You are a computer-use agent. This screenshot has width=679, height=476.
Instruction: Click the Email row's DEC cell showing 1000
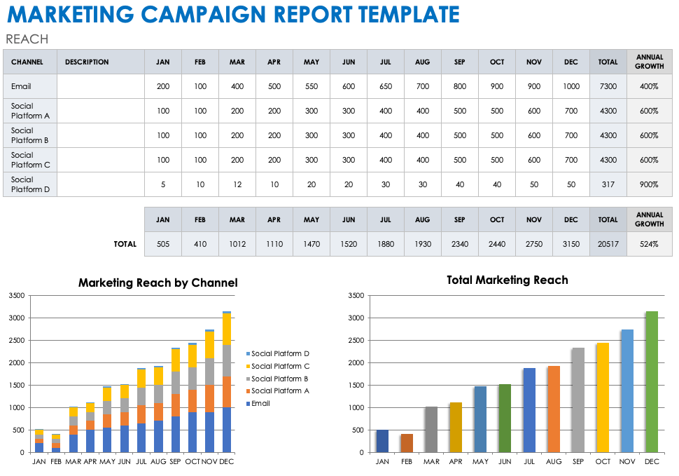[570, 86]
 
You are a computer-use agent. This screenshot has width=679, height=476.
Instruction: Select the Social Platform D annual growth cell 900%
[649, 184]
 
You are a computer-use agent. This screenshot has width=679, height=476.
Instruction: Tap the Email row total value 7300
[608, 86]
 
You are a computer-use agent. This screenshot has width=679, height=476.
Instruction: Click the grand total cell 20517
[608, 244]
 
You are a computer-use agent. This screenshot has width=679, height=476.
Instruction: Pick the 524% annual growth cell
[649, 244]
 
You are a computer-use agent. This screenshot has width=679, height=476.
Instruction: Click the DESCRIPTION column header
[87, 62]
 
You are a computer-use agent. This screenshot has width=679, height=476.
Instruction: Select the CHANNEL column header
[27, 62]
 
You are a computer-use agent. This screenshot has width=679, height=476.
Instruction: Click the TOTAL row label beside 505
[125, 244]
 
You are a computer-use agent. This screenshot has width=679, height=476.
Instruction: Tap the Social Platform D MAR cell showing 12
[237, 184]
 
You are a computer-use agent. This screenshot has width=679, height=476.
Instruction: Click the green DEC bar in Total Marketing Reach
[652, 382]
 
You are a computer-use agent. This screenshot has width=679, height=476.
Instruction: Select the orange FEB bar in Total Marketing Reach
[407, 443]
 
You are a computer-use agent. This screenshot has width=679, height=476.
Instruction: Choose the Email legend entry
[260, 403]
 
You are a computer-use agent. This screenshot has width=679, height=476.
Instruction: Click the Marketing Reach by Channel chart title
[157, 283]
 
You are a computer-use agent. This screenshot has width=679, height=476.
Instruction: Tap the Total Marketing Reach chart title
[507, 280]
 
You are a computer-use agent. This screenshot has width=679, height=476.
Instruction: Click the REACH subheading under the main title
[27, 39]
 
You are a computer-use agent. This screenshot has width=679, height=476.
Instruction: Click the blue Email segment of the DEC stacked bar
[226, 430]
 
